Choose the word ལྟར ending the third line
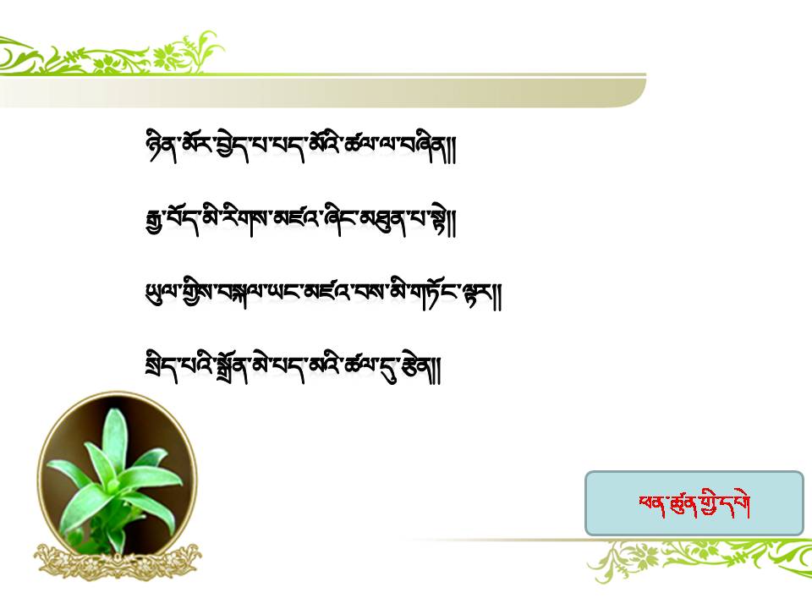pos(479,295)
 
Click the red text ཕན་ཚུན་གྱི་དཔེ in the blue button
pos(694,504)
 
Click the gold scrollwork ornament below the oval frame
pos(118,562)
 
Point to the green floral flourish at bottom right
pos(700,559)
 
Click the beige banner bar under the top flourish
pos(322,93)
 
